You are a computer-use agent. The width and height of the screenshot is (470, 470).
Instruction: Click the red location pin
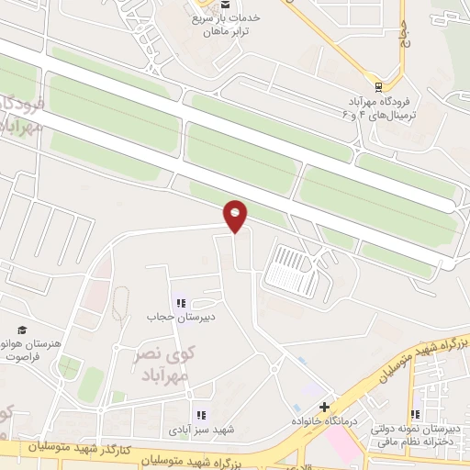(236, 215)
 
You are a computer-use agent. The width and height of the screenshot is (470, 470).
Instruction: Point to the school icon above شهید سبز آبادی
(201, 415)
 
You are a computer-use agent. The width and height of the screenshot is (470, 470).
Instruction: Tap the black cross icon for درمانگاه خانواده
(324, 406)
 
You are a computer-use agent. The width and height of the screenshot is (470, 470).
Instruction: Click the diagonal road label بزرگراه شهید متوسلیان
(427, 353)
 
